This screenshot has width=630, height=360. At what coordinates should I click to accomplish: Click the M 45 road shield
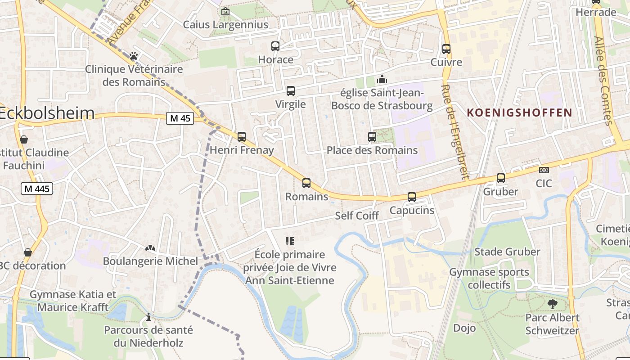click(x=180, y=118)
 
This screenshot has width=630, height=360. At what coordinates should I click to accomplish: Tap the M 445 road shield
click(x=37, y=189)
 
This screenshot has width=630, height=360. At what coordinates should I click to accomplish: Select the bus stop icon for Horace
click(x=275, y=46)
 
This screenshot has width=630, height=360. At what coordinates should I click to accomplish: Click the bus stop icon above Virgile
click(x=291, y=91)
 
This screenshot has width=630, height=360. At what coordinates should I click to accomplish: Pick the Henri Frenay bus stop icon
click(x=242, y=136)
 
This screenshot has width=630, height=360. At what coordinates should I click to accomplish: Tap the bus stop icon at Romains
click(x=306, y=183)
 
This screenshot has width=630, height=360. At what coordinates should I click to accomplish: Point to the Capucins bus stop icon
click(x=412, y=197)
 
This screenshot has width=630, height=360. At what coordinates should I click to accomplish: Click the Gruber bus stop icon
click(x=501, y=178)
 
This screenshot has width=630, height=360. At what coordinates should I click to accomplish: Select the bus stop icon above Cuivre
click(x=446, y=49)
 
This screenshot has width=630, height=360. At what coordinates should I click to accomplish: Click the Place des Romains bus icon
click(x=372, y=136)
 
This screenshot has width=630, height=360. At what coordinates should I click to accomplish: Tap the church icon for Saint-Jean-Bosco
click(x=382, y=80)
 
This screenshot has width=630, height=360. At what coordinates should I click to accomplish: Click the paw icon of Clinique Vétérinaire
click(x=134, y=56)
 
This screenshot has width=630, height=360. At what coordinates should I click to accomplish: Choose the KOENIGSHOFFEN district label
click(x=519, y=112)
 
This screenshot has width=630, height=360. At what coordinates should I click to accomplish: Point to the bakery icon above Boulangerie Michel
click(x=150, y=248)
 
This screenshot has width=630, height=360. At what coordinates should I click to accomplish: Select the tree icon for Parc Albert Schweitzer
click(x=552, y=304)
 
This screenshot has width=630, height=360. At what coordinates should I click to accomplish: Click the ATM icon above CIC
click(x=544, y=170)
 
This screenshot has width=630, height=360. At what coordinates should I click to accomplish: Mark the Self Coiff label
click(x=357, y=216)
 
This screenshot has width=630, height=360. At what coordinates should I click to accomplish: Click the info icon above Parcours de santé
click(x=148, y=317)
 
